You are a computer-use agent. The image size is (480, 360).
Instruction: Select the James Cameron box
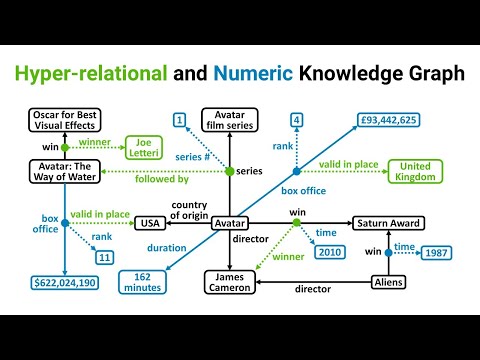pyautogui.click(x=230, y=283)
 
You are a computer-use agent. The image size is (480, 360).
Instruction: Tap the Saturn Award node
pyautogui.click(x=387, y=223)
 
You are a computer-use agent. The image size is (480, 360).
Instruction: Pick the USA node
pyautogui.click(x=150, y=223)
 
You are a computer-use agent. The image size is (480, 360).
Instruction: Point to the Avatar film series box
pyautogui.click(x=229, y=120)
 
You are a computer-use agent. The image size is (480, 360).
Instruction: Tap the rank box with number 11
pyautogui.click(x=104, y=258)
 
